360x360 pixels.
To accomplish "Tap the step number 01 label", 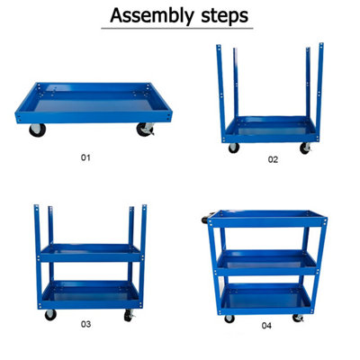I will [x=86, y=157].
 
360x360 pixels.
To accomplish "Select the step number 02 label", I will [x=273, y=161].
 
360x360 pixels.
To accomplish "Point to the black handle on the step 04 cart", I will [x=203, y=218].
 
